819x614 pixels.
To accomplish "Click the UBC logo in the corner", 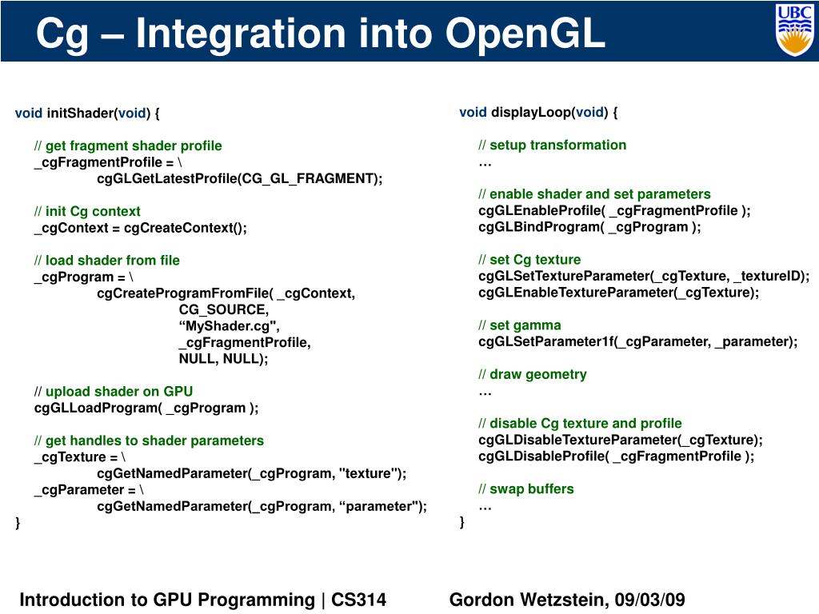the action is coord(794,30).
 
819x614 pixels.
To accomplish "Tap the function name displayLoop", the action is coord(529,112).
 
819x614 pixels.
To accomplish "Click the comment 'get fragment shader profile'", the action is coord(134,146).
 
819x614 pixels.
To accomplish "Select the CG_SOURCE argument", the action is coord(223,309).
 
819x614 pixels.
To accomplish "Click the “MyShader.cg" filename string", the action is coord(229,326).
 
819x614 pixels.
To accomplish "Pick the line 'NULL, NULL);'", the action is coord(223,359).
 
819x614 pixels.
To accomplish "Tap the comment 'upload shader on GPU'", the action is coord(118,392).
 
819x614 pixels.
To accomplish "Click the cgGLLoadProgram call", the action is coord(146,408).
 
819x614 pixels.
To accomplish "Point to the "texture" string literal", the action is coord(369,473).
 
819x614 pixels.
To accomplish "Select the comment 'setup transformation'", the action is coord(557,145).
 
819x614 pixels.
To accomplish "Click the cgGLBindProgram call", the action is coord(589,226).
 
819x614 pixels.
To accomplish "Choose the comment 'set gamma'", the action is coord(525,325).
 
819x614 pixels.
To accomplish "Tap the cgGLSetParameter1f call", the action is coord(637,341).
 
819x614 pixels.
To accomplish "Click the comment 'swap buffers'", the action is coord(531,488).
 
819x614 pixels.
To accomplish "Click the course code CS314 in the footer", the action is coord(358,600).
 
